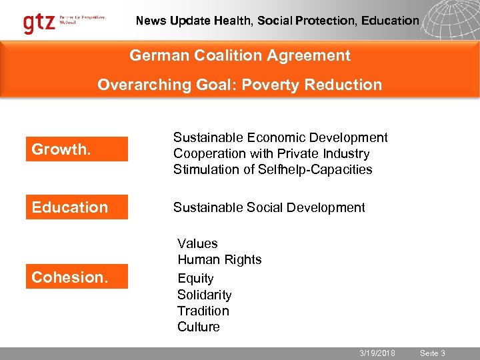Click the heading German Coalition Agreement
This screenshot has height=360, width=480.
pos(240,55)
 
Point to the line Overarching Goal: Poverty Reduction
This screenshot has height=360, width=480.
pos(240,85)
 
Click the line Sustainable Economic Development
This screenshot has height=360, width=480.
pos(280,137)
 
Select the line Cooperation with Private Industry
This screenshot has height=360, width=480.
pos(271,153)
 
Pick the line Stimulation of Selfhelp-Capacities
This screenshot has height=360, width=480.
pos(273,169)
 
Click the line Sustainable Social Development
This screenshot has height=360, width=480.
pos(269,207)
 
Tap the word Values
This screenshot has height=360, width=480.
pos(197,243)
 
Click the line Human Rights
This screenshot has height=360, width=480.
pos(219,259)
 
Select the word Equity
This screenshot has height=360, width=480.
pos(195,278)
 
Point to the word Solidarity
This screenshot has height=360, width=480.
pos(204,295)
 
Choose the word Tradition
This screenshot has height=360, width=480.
pos(203,311)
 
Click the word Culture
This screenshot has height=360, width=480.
pos(198,327)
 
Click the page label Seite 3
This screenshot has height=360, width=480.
pos(433,353)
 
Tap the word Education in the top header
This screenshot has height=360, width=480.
pos(391,21)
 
